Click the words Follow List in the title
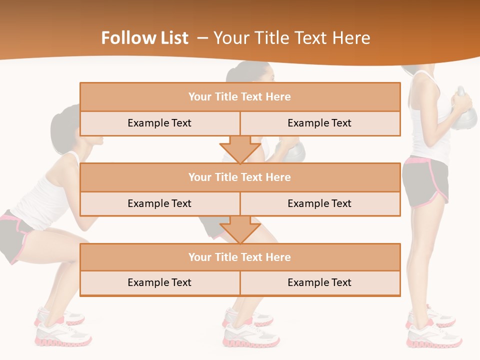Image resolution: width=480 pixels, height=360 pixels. (145, 38)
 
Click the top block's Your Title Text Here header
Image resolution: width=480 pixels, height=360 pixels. (239, 97)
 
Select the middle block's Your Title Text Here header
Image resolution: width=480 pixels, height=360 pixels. (239, 177)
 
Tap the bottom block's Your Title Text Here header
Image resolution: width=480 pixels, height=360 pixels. (239, 257)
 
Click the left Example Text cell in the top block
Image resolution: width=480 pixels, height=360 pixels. (159, 123)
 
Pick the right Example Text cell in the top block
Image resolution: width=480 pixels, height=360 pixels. (319, 123)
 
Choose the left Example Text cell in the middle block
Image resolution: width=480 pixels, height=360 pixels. (159, 203)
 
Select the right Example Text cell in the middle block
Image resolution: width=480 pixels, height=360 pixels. (319, 203)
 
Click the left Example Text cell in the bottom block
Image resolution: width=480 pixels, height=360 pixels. (159, 282)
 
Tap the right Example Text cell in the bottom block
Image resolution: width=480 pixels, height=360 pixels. (319, 282)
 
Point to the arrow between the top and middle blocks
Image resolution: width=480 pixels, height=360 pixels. (240, 148)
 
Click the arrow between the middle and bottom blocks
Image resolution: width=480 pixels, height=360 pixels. (240, 229)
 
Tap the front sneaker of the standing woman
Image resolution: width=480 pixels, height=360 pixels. (434, 337)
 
